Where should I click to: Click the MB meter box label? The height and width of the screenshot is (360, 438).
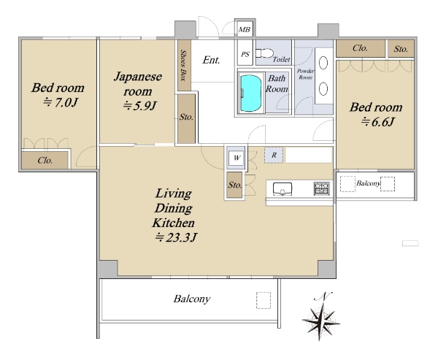(x=245, y=29)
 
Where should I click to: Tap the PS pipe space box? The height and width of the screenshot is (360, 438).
(x=245, y=53)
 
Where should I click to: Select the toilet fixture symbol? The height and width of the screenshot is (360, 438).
(x=264, y=53)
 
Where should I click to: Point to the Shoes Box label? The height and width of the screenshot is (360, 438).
(x=183, y=66)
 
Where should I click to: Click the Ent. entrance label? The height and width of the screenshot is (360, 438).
(x=211, y=60)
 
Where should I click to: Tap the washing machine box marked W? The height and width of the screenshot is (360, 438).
(x=237, y=158)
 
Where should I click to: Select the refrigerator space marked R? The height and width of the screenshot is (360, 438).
(x=274, y=155)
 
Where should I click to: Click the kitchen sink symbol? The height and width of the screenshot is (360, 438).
(x=283, y=188)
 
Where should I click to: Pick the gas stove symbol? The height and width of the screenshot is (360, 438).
(x=322, y=188)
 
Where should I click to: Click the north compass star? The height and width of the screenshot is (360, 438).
(x=321, y=321)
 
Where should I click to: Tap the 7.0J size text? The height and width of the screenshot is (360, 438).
(x=60, y=103)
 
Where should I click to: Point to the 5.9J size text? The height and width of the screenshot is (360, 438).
(x=140, y=106)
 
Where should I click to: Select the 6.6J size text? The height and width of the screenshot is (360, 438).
(x=377, y=122)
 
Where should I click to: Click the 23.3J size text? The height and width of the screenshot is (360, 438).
(x=176, y=237)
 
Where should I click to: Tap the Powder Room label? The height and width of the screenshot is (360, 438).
(x=305, y=74)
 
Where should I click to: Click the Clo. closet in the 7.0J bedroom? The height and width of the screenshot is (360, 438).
(x=45, y=161)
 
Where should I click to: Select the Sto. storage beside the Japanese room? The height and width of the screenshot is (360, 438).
(x=186, y=118)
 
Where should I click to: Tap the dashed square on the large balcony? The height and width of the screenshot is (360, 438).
(x=264, y=300)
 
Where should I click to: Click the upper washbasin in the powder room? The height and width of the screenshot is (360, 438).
(x=323, y=63)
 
